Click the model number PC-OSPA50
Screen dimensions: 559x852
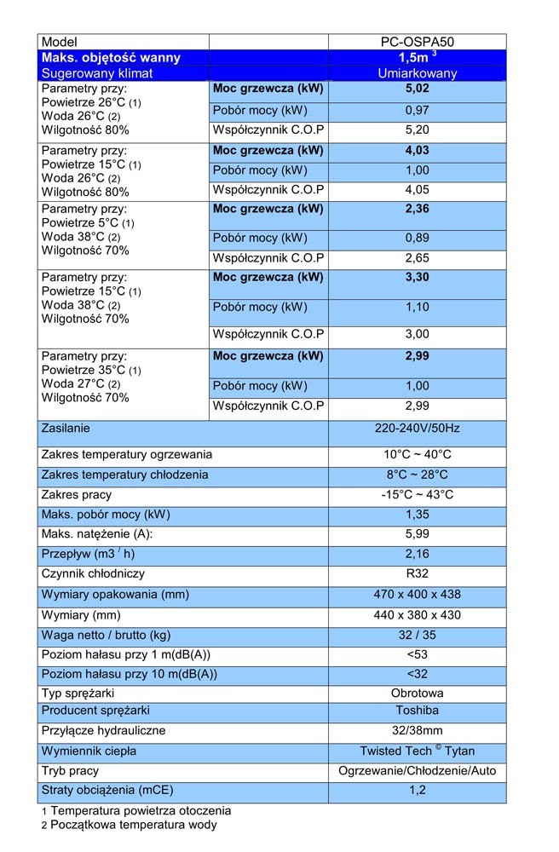[x=418, y=42]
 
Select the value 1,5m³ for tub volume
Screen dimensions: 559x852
[x=418, y=56]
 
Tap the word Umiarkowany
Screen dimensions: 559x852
[x=418, y=73]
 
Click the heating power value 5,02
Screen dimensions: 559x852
[x=418, y=88]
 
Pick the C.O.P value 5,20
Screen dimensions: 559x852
[x=418, y=130]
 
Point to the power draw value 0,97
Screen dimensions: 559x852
[x=418, y=110]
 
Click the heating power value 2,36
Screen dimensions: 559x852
[x=418, y=209]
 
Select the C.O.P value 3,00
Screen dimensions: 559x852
[x=418, y=334]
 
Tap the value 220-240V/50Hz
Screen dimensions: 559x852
[x=418, y=429]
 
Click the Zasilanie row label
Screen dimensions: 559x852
[x=66, y=429]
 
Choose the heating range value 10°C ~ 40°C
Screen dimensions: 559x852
[x=418, y=454]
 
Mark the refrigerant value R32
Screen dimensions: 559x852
[x=418, y=573]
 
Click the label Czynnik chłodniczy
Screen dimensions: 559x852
[x=93, y=573]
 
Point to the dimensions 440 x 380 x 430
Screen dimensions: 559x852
[x=418, y=615]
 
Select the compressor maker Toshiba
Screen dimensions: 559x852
[x=418, y=711]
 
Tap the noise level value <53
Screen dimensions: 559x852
[x=418, y=654]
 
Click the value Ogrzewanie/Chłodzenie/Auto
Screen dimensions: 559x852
[x=418, y=770]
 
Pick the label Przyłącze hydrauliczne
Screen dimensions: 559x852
[x=103, y=730]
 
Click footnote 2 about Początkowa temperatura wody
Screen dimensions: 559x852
[x=129, y=825]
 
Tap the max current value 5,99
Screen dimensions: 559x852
[x=418, y=533]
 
